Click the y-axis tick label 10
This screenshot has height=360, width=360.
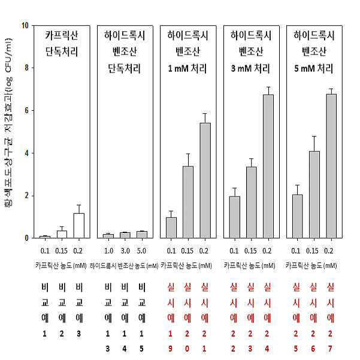25,26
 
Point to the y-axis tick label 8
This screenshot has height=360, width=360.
26,68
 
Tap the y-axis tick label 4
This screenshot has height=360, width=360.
26,153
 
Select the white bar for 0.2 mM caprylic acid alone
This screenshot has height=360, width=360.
78,225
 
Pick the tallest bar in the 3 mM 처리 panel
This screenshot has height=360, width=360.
268,167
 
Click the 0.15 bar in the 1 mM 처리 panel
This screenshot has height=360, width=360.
188,202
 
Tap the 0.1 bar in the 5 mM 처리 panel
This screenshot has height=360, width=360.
297,216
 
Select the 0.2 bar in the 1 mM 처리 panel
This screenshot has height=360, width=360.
205,180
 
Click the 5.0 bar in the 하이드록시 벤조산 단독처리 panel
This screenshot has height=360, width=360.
142,234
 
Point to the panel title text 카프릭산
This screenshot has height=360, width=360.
62,35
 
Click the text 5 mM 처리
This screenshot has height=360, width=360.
314,68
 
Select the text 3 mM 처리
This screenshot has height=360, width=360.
250,68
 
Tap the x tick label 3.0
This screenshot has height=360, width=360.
125,251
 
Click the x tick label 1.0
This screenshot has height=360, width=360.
108,251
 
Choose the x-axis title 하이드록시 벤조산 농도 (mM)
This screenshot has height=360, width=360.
124,266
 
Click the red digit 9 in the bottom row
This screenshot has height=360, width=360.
170,349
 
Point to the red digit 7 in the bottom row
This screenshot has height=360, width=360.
330,349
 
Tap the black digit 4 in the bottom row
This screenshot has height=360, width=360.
125,349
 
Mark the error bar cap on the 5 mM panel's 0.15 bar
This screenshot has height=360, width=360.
314,137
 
